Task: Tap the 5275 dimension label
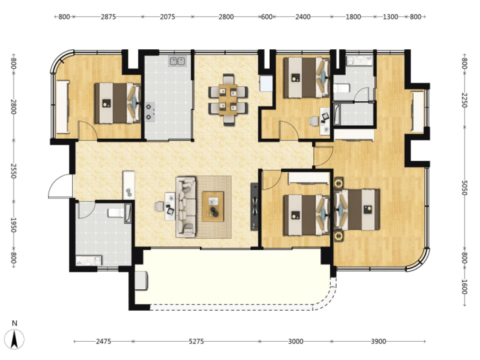pyautogui.click(x=197, y=341)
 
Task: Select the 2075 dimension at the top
pyautogui.click(x=167, y=16)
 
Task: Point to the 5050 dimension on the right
pyautogui.click(x=464, y=187)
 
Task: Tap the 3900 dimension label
pyautogui.click(x=379, y=341)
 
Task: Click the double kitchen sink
pyautogui.click(x=177, y=61)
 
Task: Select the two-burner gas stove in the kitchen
pyautogui.click(x=150, y=112)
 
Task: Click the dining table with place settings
pyautogui.click(x=228, y=99)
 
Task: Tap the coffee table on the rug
pyautogui.click(x=213, y=206)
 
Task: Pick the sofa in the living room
pyautogui.click(x=186, y=207)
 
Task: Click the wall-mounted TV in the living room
pyautogui.click(x=254, y=206)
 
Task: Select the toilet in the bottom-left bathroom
pyautogui.click(x=115, y=213)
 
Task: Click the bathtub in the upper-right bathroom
pyautogui.click(x=337, y=115)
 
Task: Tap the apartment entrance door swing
pyautogui.click(x=60, y=186)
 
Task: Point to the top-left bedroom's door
pyautogui.click(x=88, y=131)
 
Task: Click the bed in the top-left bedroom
pyautogui.click(x=117, y=103)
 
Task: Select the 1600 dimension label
pyautogui.click(x=464, y=287)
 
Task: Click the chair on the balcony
pyautogui.click(x=141, y=280)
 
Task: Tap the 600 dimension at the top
pyautogui.click(x=267, y=16)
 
